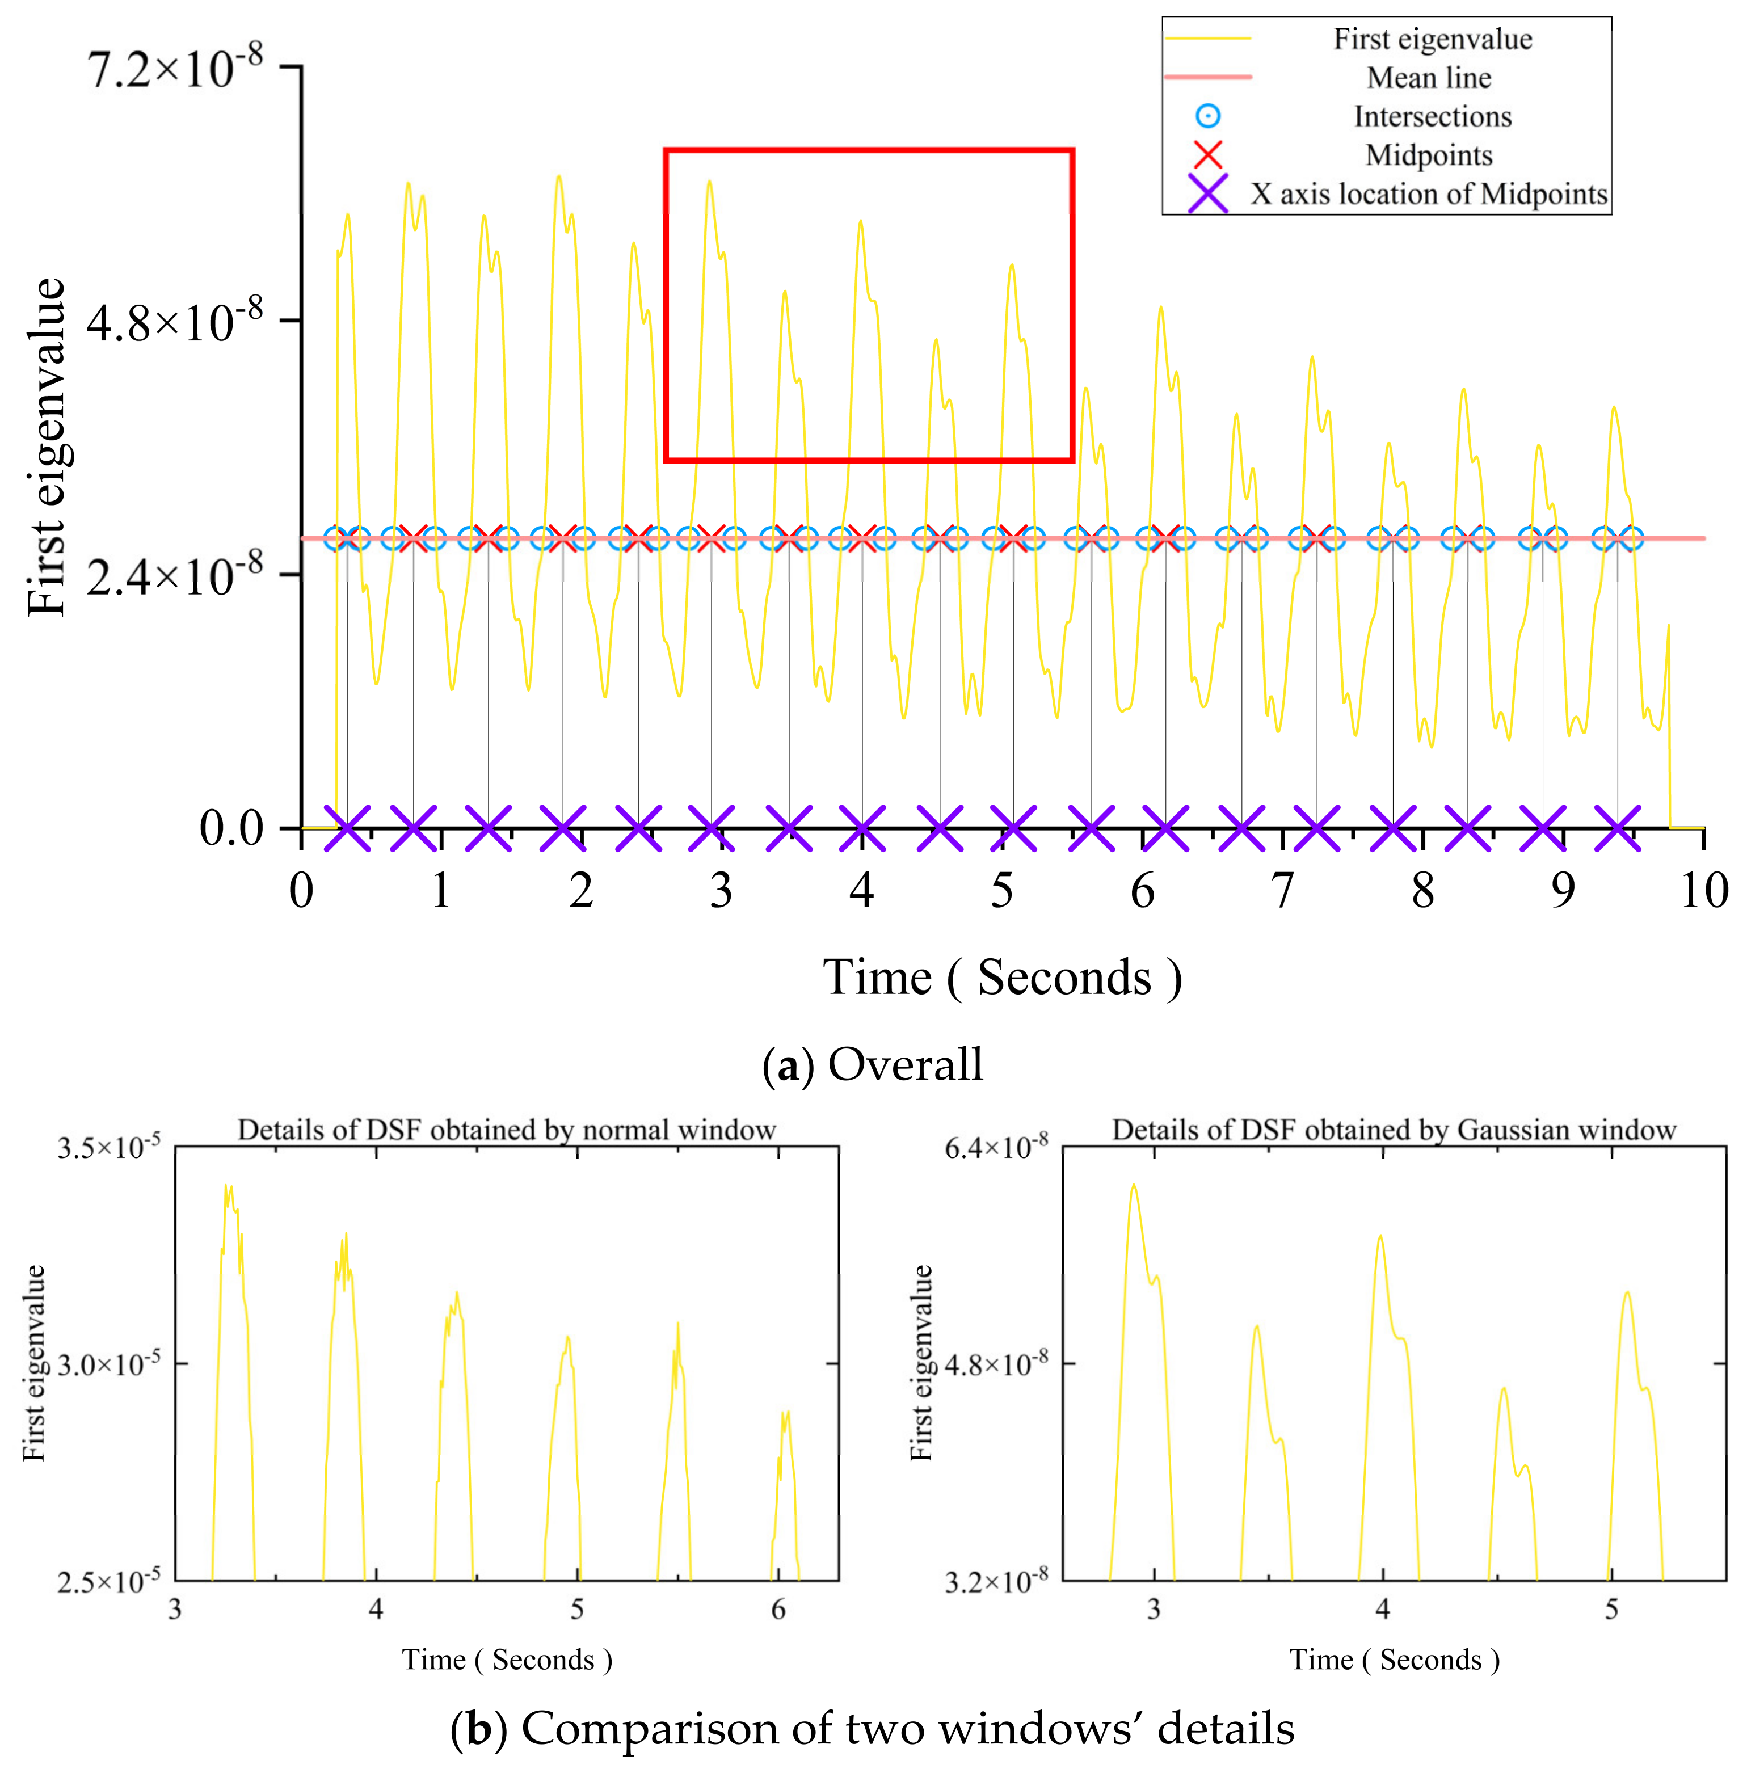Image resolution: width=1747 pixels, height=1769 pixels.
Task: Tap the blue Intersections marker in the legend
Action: (1208, 116)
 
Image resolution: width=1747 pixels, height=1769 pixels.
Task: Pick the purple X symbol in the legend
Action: (1208, 194)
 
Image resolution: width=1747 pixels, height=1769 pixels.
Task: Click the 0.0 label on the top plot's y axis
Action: (231, 829)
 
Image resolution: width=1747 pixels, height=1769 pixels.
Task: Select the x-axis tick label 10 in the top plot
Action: (1703, 890)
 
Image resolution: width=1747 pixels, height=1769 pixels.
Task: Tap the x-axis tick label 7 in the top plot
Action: (1283, 890)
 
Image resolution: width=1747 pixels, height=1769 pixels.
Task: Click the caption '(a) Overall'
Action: (873, 1065)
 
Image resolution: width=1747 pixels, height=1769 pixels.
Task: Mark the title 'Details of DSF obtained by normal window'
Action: (506, 1130)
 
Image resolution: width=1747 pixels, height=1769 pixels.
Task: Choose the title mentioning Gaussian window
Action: (1394, 1130)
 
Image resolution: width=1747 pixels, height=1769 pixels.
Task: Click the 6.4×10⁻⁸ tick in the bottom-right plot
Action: (996, 1147)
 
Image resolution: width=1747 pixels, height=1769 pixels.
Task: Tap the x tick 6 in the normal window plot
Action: (778, 1610)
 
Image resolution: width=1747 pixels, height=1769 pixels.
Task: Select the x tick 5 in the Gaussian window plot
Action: (1611, 1610)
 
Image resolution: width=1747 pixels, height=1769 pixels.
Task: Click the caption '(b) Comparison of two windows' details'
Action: (873, 1729)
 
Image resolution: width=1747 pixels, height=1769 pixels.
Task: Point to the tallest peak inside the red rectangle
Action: (709, 182)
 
